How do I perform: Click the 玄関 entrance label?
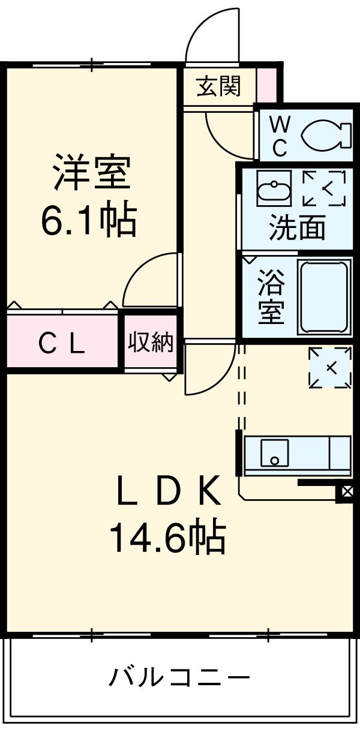(218, 88)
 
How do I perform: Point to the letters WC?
(280, 136)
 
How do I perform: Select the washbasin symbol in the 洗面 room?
(274, 188)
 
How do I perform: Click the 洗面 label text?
(297, 228)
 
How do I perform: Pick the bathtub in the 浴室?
(324, 297)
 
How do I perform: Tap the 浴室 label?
(271, 297)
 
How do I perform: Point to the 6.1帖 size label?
(89, 220)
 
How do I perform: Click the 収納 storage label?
(151, 343)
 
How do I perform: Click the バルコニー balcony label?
(179, 678)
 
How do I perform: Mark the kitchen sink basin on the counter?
(274, 453)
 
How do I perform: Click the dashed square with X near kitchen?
(329, 367)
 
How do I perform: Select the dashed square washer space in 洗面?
(325, 188)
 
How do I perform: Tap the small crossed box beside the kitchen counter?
(347, 493)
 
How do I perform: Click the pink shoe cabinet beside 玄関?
(268, 85)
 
